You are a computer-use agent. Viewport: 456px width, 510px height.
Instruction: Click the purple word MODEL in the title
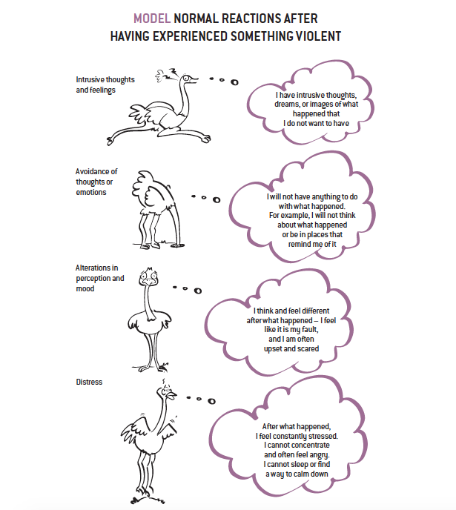[152, 19]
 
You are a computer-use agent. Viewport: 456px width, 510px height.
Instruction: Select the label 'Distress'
[89, 382]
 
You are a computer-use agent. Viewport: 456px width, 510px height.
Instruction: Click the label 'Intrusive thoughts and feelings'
[105, 85]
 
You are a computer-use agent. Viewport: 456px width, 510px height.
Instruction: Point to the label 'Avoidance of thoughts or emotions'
[96, 182]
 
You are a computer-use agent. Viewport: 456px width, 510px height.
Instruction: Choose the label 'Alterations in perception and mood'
[99, 278]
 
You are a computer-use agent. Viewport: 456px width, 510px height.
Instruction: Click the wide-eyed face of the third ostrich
[149, 277]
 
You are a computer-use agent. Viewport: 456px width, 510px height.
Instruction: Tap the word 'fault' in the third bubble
[309, 330]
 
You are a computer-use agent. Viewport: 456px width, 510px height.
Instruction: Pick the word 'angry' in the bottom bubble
[318, 455]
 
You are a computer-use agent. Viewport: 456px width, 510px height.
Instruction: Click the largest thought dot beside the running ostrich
[234, 82]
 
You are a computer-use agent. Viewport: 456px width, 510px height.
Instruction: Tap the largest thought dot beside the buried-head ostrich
[217, 199]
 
